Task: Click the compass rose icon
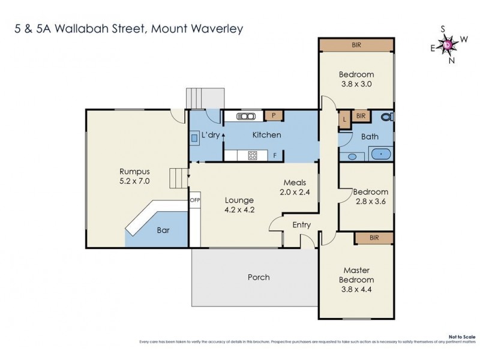tap(448, 44)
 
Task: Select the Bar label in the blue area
tap(162, 229)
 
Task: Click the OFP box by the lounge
tap(194, 200)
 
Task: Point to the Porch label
tap(259, 277)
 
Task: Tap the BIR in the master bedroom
tap(375, 238)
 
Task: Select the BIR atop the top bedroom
tap(356, 45)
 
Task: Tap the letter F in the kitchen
tap(274, 156)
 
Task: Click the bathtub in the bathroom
tap(380, 155)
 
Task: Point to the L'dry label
tap(210, 135)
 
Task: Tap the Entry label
tap(301, 225)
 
